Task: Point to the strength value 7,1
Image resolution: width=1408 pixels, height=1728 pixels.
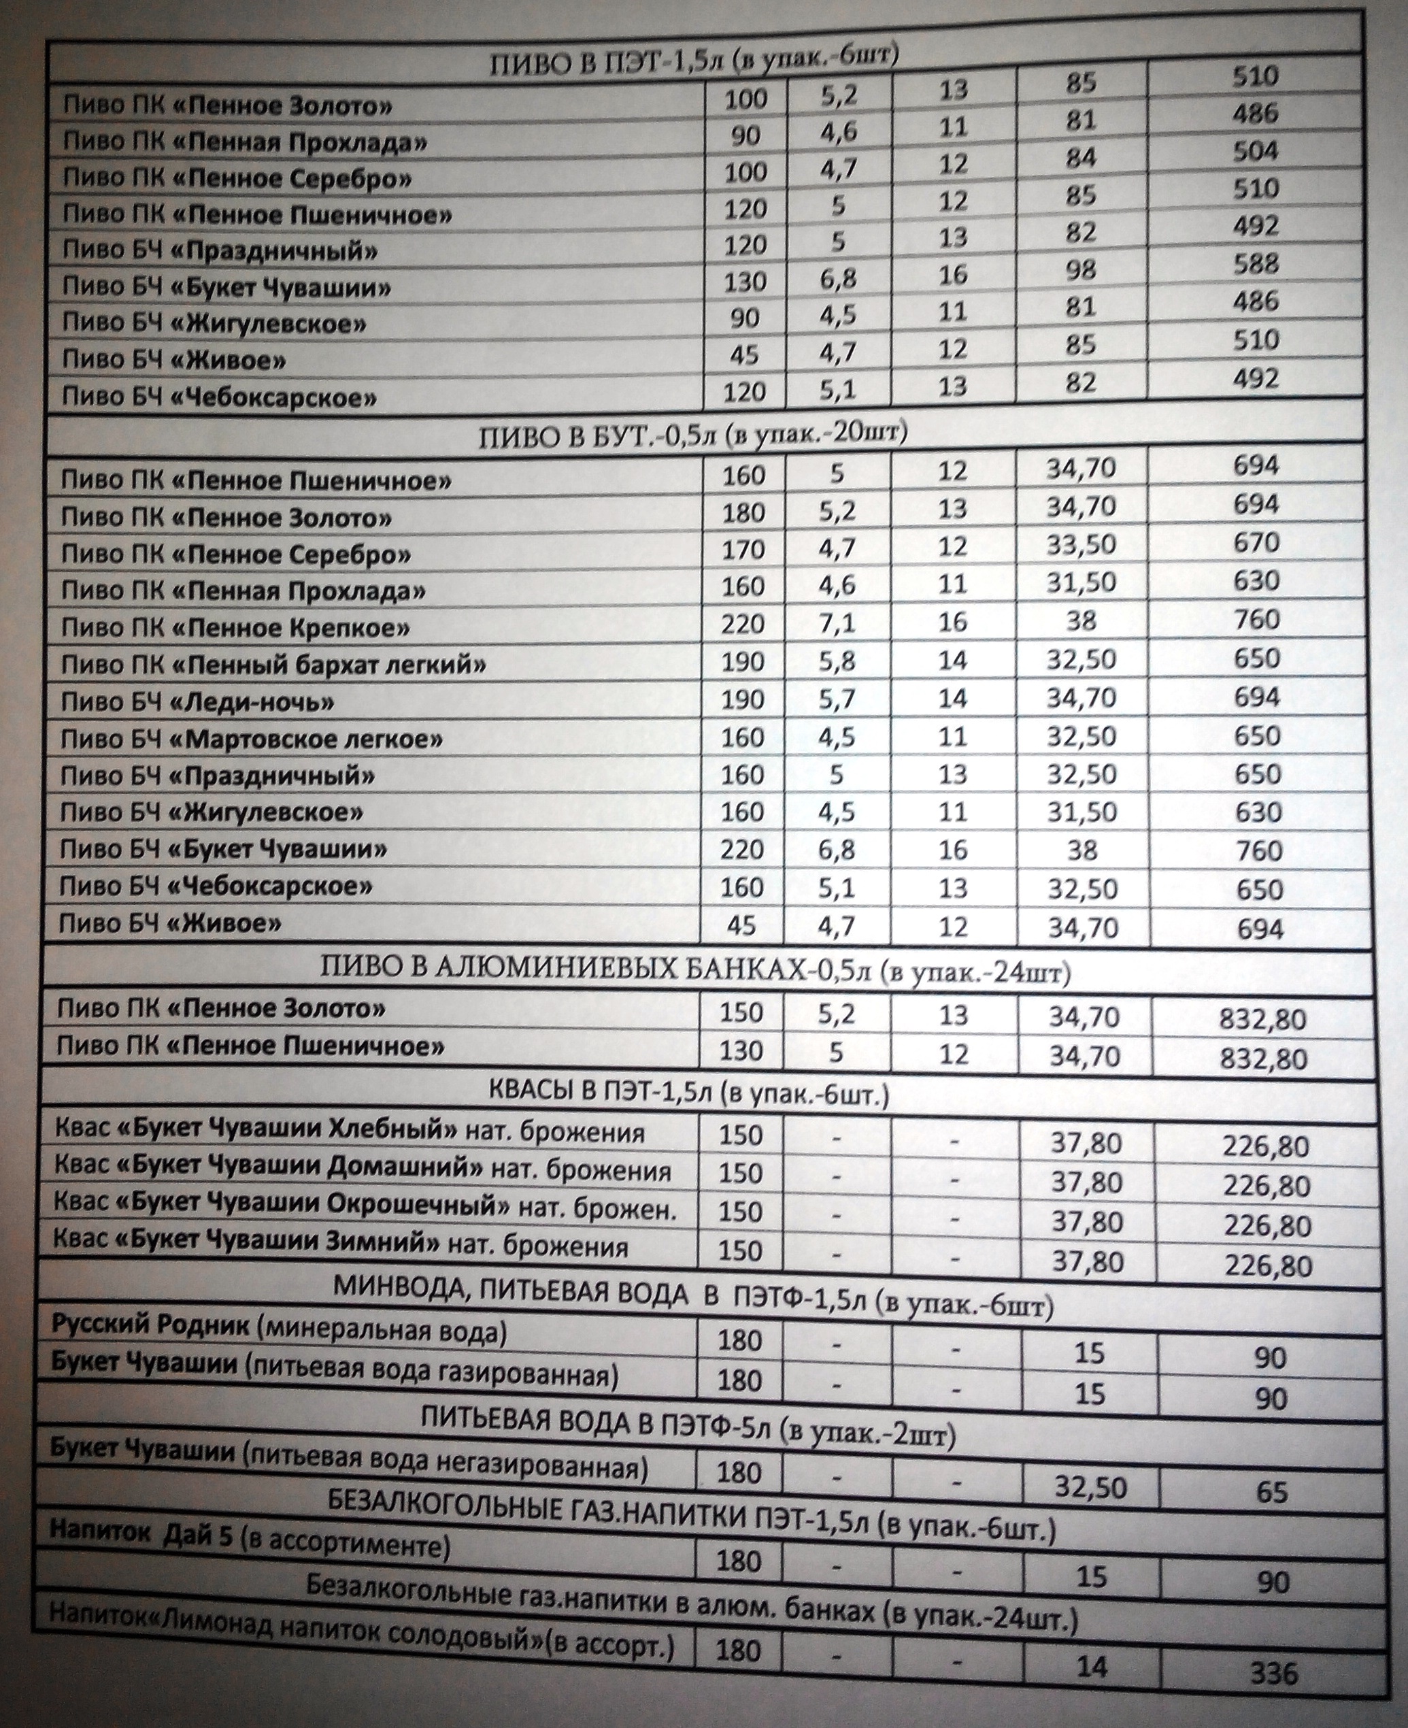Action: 837,623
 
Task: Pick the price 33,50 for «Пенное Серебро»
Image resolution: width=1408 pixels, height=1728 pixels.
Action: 1081,544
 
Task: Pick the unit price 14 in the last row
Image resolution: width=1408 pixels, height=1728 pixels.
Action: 1091,1664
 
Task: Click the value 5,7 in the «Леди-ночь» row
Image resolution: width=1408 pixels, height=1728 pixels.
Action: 837,699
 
